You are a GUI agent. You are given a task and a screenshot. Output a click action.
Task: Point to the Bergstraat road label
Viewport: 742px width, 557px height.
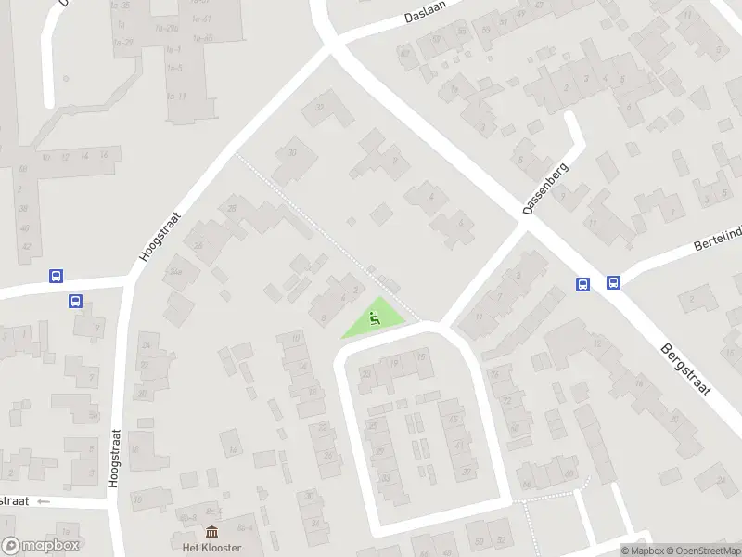685,370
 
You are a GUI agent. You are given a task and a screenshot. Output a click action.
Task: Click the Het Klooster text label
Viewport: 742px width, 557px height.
212,548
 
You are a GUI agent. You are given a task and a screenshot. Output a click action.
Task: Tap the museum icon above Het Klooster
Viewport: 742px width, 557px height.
212,532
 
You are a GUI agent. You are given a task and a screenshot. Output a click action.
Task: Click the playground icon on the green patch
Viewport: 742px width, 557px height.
375,320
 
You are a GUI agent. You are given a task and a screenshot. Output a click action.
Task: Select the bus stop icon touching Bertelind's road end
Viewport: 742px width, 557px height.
613,283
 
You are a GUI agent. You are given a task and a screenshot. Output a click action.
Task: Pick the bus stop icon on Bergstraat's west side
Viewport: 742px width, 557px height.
583,284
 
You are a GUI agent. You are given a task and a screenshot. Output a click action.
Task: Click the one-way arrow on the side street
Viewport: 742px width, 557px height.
45,501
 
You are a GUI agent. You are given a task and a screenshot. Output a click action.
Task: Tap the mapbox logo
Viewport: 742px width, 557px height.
41,545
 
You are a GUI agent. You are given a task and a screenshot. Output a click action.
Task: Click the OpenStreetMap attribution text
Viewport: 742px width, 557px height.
704,551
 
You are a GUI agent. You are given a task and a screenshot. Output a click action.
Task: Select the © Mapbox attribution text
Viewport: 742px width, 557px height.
643,551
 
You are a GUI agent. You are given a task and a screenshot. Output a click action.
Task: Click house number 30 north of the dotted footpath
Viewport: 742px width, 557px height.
292,153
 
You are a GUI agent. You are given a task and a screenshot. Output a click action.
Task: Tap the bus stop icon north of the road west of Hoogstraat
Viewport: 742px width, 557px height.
56,276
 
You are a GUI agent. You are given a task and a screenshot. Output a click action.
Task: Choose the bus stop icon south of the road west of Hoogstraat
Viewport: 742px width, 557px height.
75,301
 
